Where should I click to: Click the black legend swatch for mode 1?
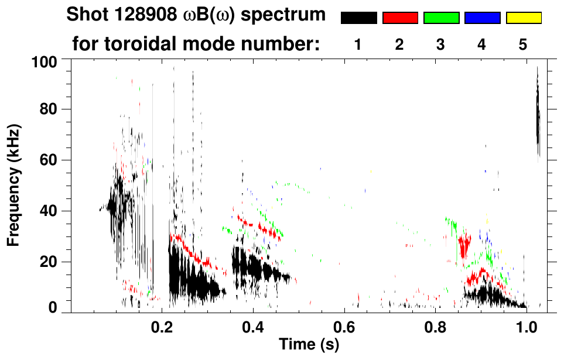[x=358, y=18]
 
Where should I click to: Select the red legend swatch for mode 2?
[x=400, y=18]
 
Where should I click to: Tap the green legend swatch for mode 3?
[x=441, y=18]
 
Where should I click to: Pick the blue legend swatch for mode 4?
[x=482, y=18]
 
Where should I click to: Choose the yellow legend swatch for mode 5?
[x=523, y=18]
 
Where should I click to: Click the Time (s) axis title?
[x=309, y=345]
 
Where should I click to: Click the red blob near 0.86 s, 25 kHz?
[x=464, y=245]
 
